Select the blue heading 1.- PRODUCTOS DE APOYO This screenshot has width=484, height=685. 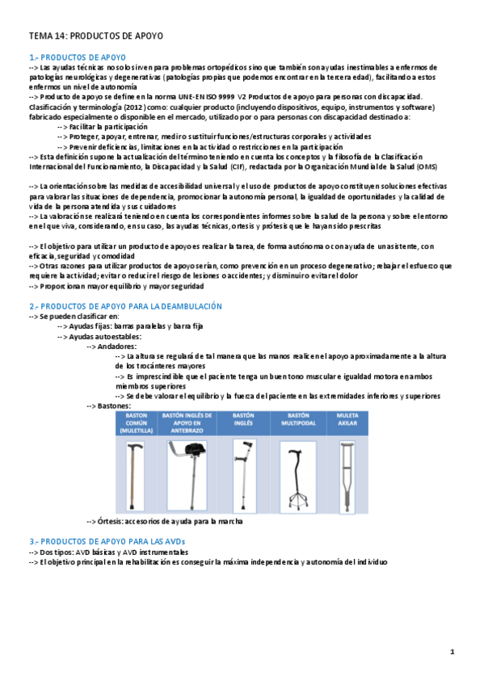pyautogui.click(x=78, y=57)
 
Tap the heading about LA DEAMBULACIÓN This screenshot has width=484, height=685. pyautogui.click(x=125, y=306)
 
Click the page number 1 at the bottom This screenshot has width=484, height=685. pyautogui.click(x=452, y=651)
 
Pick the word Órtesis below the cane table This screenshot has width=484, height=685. pyautogui.click(x=111, y=522)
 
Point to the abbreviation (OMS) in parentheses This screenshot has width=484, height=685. pyautogui.click(x=426, y=166)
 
